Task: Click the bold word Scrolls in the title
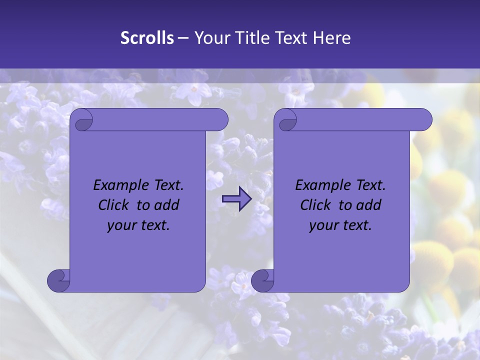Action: [147, 38]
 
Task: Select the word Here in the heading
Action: [331, 38]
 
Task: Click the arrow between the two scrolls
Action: [237, 199]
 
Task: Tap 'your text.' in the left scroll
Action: [138, 225]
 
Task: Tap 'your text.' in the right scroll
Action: [340, 225]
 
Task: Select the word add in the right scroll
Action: [368, 205]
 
